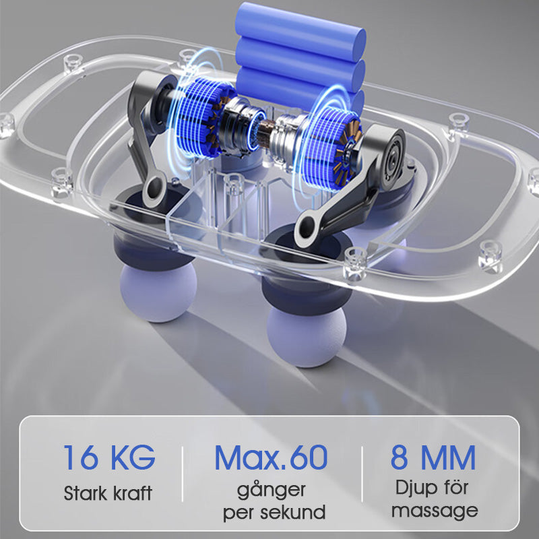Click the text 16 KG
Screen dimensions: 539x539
tap(109, 457)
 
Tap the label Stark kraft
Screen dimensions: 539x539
tap(108, 493)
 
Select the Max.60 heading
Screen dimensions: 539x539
tap(271, 457)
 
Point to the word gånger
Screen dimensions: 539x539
tap(272, 490)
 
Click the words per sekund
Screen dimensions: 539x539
tap(274, 512)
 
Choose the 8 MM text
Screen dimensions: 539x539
tap(433, 457)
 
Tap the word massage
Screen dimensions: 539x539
tap(435, 511)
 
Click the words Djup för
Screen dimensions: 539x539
tap(432, 488)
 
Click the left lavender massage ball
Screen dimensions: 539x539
tap(158, 292)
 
